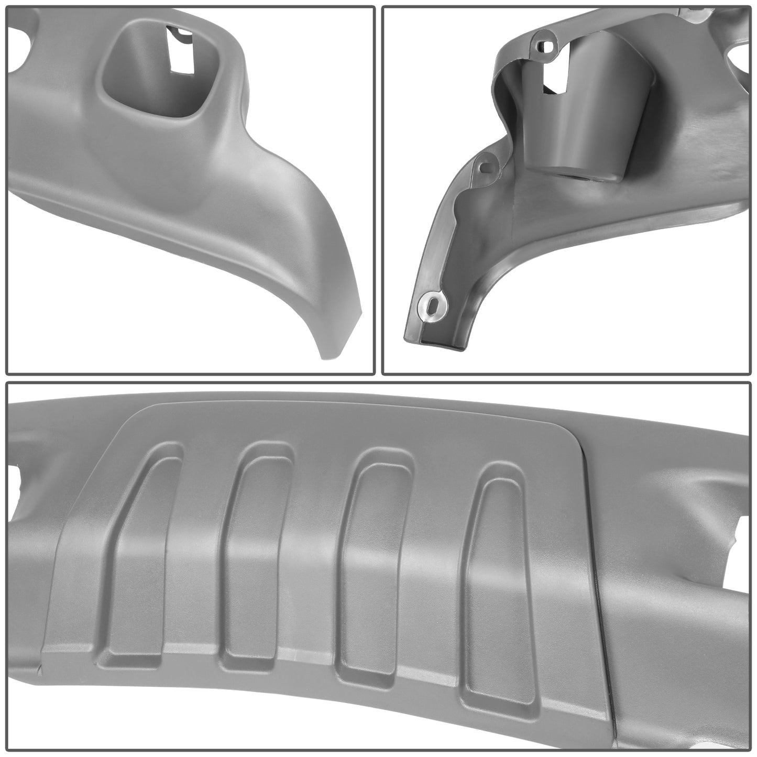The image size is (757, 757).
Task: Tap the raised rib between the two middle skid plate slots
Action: pos(312,524)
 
